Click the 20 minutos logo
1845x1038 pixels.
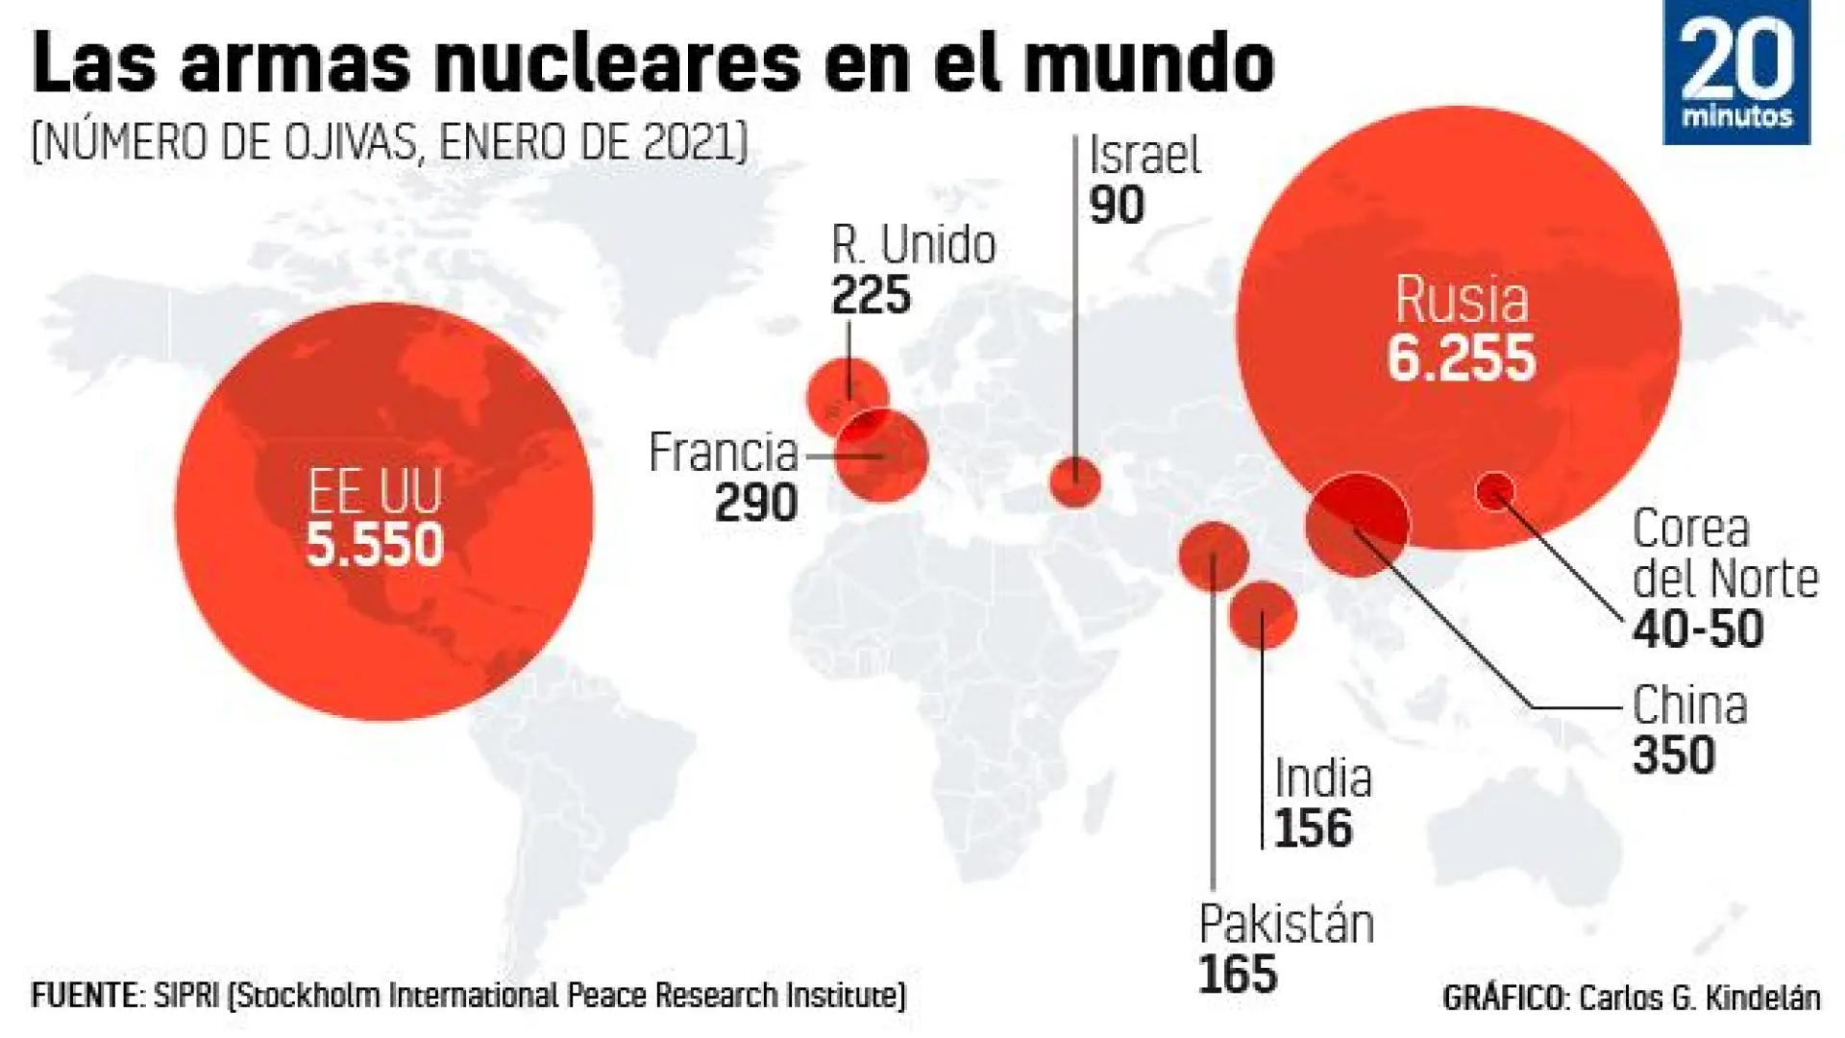click(1735, 73)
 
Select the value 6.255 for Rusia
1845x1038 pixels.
click(1461, 358)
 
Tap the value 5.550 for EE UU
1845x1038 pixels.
click(375, 544)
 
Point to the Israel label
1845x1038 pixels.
click(1144, 156)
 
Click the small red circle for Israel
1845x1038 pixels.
click(1074, 482)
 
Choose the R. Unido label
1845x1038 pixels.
click(913, 245)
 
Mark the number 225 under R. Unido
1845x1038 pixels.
click(871, 295)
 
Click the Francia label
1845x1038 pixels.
click(724, 452)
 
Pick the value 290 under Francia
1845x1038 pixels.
click(755, 503)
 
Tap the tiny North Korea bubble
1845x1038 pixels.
click(1494, 491)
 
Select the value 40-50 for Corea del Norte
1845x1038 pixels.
click(1698, 630)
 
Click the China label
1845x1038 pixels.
click(1689, 705)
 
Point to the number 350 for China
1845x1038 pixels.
click(1674, 755)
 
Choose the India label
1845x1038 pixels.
click(1323, 778)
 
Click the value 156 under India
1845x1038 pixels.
click(1313, 828)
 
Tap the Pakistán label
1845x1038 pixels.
click(1286, 925)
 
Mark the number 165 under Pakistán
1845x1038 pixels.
click(1238, 975)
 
